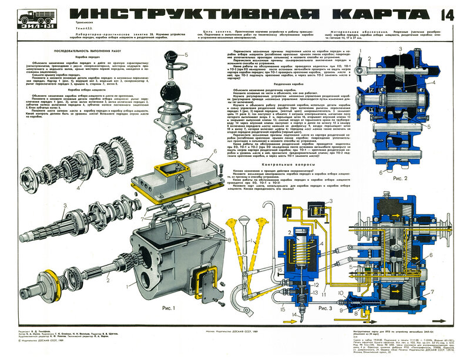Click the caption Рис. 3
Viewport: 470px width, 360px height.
[324, 307]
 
